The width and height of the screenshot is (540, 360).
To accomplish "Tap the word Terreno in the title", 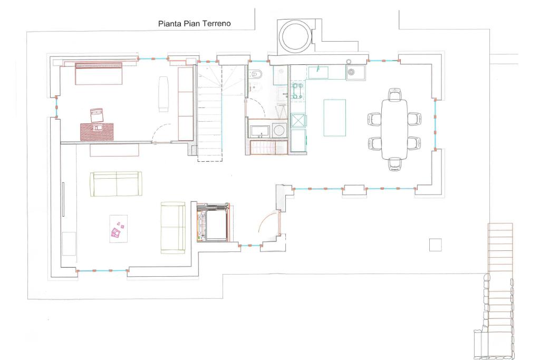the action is [216, 23].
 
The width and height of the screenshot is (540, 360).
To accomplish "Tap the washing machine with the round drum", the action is [279, 130].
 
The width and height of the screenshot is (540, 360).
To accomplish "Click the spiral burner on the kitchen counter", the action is [352, 73].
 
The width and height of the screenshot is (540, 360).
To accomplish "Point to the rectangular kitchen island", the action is [334, 118].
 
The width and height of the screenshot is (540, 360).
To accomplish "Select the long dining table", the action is [394, 130].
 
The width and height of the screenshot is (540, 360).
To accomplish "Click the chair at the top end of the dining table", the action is [394, 94].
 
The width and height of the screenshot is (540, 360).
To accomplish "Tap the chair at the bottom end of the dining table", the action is [394, 164].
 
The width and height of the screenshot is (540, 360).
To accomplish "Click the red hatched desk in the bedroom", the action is [97, 131].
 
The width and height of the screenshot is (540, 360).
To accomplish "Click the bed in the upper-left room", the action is [99, 73].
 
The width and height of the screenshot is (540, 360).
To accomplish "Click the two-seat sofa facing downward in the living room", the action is [116, 184].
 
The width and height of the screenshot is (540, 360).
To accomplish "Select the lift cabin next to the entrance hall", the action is [213, 222].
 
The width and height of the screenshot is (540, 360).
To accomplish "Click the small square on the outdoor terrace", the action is [435, 245].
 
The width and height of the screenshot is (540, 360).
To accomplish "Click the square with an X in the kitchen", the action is [298, 121].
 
